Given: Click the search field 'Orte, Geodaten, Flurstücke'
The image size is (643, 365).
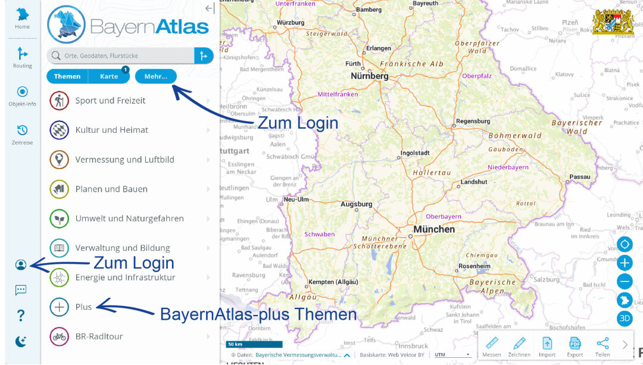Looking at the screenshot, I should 122,56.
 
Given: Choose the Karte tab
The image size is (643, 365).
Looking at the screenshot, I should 109,76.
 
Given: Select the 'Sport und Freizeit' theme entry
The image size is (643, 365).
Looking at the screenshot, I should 110,101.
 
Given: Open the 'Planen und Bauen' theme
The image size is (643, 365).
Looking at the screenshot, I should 111,189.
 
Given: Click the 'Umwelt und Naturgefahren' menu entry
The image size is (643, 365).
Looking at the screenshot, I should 129,219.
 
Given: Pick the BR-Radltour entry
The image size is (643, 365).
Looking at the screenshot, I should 99,336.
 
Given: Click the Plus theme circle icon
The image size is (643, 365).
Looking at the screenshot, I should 60,307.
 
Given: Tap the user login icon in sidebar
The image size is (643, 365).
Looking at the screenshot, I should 21,265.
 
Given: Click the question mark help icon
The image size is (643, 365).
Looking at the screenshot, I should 21,316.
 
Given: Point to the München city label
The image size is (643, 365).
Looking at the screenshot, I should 435,229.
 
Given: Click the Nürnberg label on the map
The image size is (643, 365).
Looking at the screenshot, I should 369,76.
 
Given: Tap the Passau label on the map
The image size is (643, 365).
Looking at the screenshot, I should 579,177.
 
